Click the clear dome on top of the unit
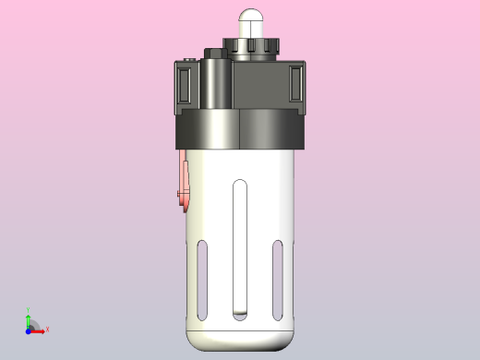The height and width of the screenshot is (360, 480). (251, 22)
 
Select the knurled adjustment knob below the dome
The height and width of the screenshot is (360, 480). (251, 47)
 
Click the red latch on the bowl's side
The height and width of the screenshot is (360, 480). (185, 184)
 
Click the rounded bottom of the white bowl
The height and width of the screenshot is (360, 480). (240, 339)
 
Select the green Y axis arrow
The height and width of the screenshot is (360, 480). (29, 318)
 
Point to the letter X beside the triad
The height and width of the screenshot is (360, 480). (47, 329)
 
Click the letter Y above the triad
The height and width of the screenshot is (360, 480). (29, 310)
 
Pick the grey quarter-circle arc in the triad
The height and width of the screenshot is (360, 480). (34, 324)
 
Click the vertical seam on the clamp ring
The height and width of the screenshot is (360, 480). (239, 129)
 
